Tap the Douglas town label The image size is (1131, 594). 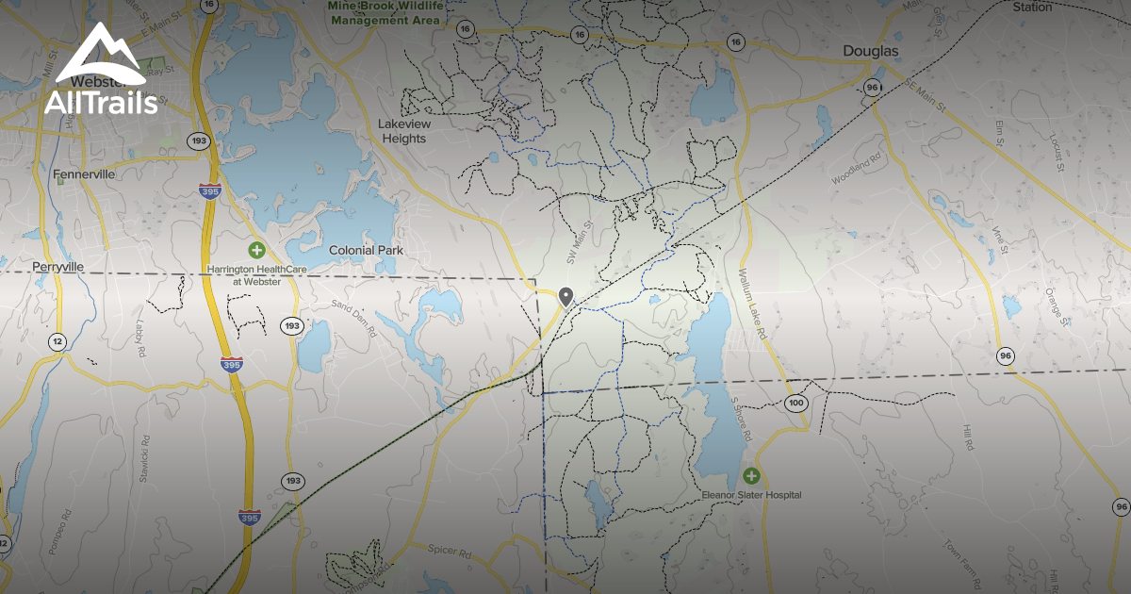pos(872,51)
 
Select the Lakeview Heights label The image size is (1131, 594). pos(402,131)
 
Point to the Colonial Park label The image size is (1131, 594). pos(366,251)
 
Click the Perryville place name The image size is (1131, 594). pos(57,268)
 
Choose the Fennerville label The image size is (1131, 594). pos(84,174)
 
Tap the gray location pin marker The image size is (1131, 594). pos(565,296)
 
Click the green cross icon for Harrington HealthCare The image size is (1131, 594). pos(256,250)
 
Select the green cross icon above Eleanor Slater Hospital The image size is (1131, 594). pos(750,476)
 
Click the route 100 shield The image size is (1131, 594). pos(796,404)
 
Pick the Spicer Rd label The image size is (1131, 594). pos(449,550)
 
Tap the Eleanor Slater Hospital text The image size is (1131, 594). pos(751,495)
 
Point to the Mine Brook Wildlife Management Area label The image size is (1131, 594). pos(385,12)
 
